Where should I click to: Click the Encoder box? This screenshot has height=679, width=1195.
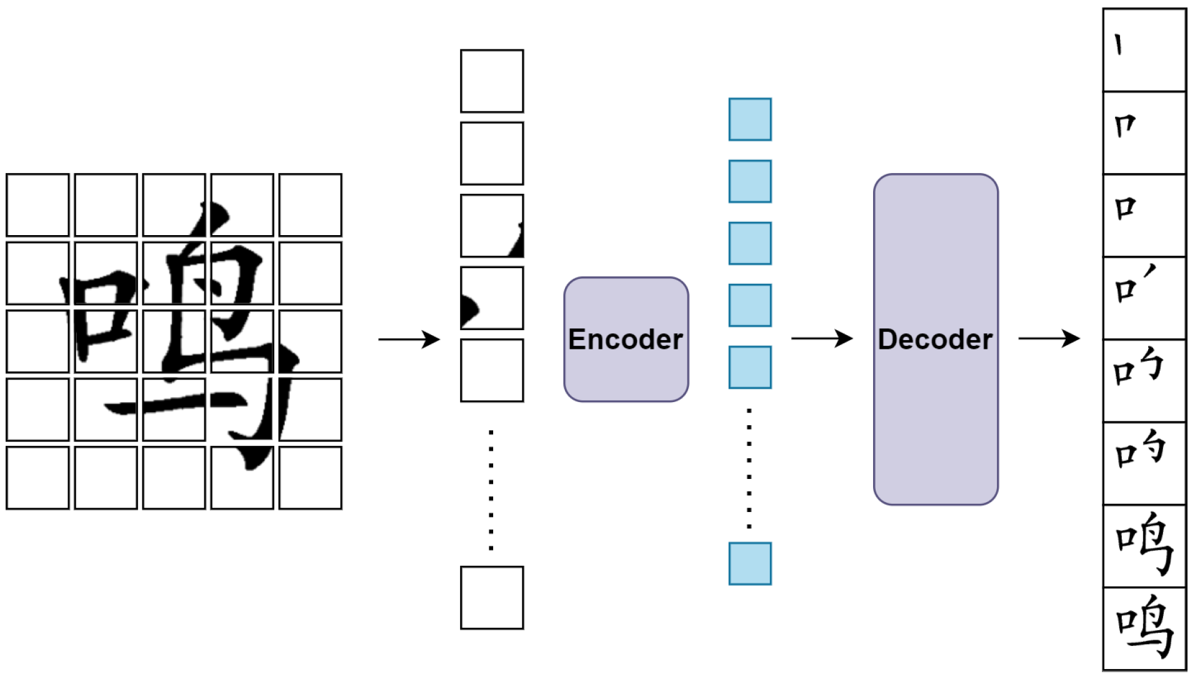[x=626, y=339]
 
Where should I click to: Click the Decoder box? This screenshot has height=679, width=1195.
[x=935, y=339]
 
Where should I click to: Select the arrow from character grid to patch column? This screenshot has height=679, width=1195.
[x=409, y=339]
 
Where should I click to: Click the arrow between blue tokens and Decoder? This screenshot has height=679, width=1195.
[x=821, y=338]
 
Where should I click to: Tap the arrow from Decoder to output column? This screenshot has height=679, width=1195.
[x=1049, y=338]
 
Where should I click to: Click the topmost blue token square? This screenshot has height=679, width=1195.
[x=750, y=119]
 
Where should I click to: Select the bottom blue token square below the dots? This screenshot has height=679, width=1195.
[x=750, y=563]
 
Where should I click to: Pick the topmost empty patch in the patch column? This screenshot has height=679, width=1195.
[x=492, y=81]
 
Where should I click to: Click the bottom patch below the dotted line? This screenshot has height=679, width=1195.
[x=492, y=598]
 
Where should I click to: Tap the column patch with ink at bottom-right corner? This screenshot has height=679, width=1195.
[x=492, y=226]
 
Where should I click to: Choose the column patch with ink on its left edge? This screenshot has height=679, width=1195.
[x=492, y=298]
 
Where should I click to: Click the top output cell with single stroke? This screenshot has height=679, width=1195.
[x=1144, y=50]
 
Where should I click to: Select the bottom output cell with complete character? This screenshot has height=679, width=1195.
[x=1144, y=628]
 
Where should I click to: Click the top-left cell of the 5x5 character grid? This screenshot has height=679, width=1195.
[x=37, y=205]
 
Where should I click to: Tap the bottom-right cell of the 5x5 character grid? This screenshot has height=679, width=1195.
[x=311, y=478]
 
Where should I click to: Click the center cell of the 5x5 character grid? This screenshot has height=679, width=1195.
[x=174, y=341]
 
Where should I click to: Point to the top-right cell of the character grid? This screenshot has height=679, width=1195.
[x=311, y=205]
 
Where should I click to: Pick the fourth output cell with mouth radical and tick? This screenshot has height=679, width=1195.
[x=1144, y=298]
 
